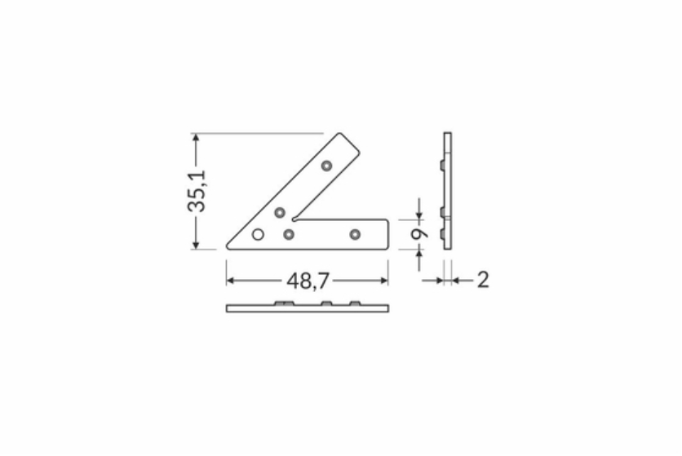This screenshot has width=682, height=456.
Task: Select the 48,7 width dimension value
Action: coord(308,281)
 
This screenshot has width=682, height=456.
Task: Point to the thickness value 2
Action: coord(483,280)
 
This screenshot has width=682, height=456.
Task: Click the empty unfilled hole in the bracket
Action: coord(258,235)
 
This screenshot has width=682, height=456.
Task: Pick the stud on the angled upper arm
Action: coord(326,166)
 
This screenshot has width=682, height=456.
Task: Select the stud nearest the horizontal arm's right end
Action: coord(356,235)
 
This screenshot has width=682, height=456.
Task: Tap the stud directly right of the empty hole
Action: coord(288,235)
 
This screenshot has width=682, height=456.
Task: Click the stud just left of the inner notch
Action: coord(280,213)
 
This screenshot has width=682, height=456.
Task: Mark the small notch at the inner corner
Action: coord(295,219)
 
